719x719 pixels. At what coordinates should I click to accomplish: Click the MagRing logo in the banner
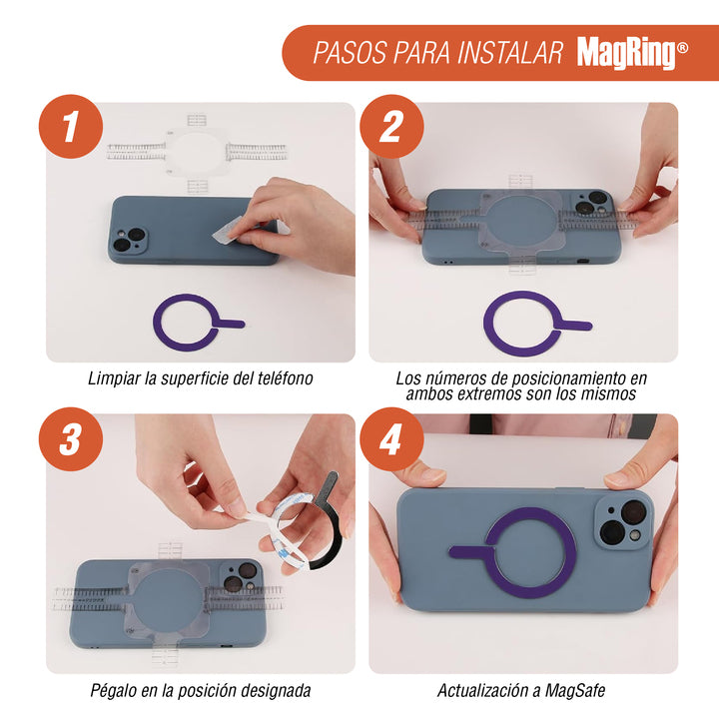coord(632,53)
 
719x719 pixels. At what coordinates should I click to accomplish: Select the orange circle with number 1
coord(71,127)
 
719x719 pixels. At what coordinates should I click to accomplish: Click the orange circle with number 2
coord(391,127)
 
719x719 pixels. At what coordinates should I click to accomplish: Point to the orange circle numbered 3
coord(71,439)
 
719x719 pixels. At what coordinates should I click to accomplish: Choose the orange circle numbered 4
coord(391,439)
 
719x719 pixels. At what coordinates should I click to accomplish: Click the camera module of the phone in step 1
coord(129,241)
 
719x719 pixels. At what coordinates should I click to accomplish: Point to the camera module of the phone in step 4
coord(623,522)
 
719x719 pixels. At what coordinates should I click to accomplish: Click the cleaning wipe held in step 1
coord(226,232)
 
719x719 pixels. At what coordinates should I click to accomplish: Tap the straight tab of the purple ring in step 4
coord(471,551)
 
